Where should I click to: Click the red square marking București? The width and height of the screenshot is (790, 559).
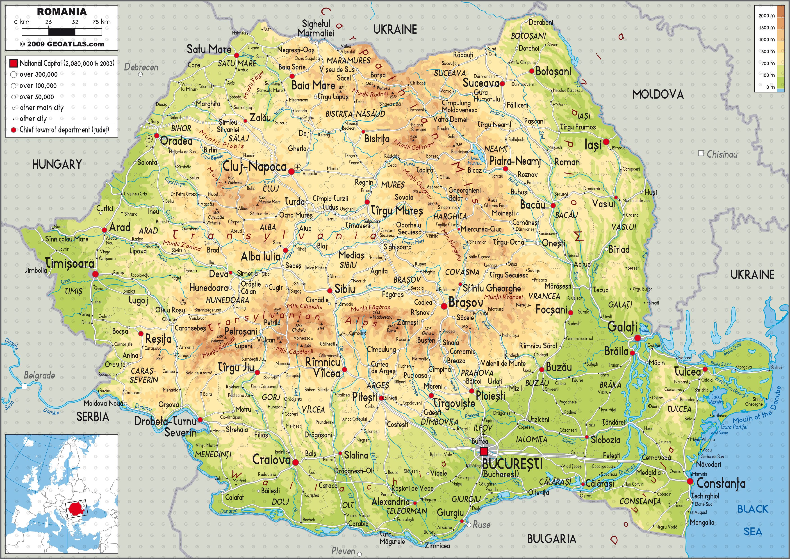[484, 451]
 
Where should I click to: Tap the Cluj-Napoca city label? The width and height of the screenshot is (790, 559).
[255, 167]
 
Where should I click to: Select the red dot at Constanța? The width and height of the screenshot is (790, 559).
[690, 481]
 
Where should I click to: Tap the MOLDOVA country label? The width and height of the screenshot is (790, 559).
[658, 94]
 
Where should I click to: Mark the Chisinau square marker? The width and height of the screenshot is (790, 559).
[701, 153]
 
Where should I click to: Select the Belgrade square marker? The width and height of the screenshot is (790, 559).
[24, 387]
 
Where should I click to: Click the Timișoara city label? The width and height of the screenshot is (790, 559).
[70, 264]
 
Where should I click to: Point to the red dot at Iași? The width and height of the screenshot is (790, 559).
[606, 142]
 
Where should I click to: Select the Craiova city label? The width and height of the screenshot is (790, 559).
[271, 460]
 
